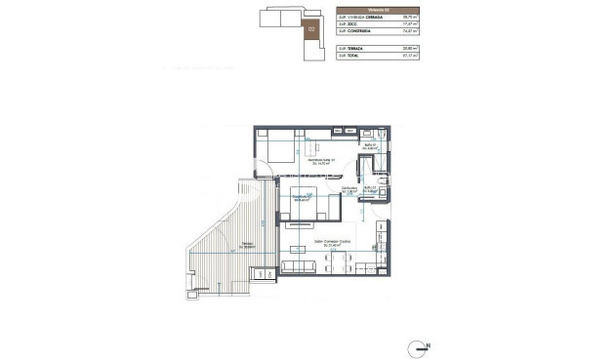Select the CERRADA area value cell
(x=410, y=17)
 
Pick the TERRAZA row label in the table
(x=357, y=48)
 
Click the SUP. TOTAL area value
(x=410, y=56)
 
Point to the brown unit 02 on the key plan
(x=311, y=29)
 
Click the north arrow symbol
(x=422, y=345)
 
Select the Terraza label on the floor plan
(x=223, y=245)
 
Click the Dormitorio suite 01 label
(x=321, y=164)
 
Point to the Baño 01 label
(x=370, y=146)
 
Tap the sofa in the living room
(x=299, y=266)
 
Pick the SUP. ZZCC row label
(x=350, y=24)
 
